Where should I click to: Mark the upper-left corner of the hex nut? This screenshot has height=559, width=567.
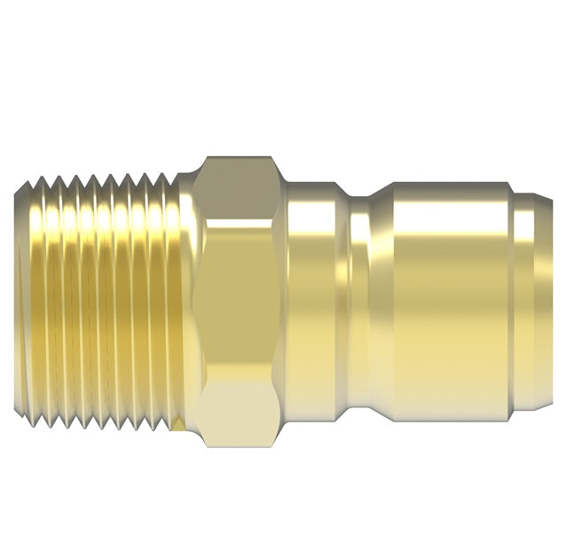[x=206, y=161]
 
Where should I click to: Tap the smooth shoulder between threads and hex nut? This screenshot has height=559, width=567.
[x=188, y=302]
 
